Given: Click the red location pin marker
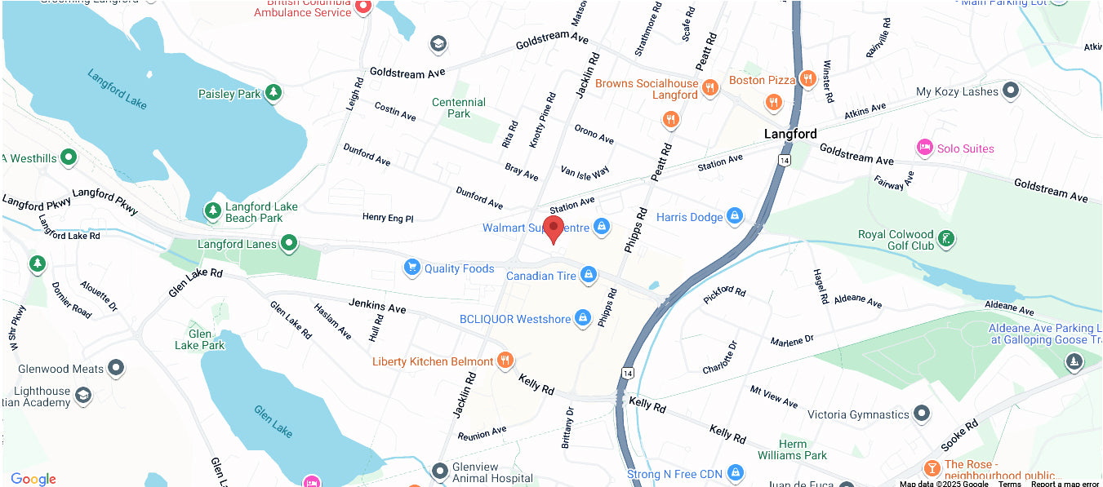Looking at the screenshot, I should pyautogui.click(x=554, y=228).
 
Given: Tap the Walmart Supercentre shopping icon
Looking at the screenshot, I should pyautogui.click(x=602, y=226).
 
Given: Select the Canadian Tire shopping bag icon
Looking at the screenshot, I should pyautogui.click(x=586, y=276).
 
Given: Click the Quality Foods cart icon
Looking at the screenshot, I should pyautogui.click(x=412, y=268).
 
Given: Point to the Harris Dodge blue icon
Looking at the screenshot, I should pyautogui.click(x=734, y=216).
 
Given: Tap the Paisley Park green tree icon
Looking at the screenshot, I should pyautogui.click(x=274, y=93).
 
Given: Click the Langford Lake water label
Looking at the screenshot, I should pyautogui.click(x=117, y=89).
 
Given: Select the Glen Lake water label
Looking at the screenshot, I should pyautogui.click(x=273, y=419).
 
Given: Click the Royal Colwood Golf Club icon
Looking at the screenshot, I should pyautogui.click(x=946, y=239).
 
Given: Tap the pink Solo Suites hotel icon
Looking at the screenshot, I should pyautogui.click(x=925, y=148).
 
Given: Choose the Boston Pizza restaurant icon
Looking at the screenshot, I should pyautogui.click(x=807, y=79).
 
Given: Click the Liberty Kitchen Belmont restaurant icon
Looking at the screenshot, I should pyautogui.click(x=505, y=361).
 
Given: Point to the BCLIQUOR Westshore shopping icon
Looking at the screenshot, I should pyautogui.click(x=583, y=318).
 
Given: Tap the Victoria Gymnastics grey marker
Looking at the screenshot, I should pyautogui.click(x=922, y=414).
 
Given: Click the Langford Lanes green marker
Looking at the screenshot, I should pyautogui.click(x=288, y=243).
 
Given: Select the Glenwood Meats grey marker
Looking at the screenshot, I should pyautogui.click(x=117, y=368).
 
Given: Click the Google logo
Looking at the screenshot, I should pyautogui.click(x=33, y=479).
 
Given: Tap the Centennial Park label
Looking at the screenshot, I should pyautogui.click(x=458, y=108).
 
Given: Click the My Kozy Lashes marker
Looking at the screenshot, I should pyautogui.click(x=1011, y=91).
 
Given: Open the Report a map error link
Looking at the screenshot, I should pyautogui.click(x=1065, y=484).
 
